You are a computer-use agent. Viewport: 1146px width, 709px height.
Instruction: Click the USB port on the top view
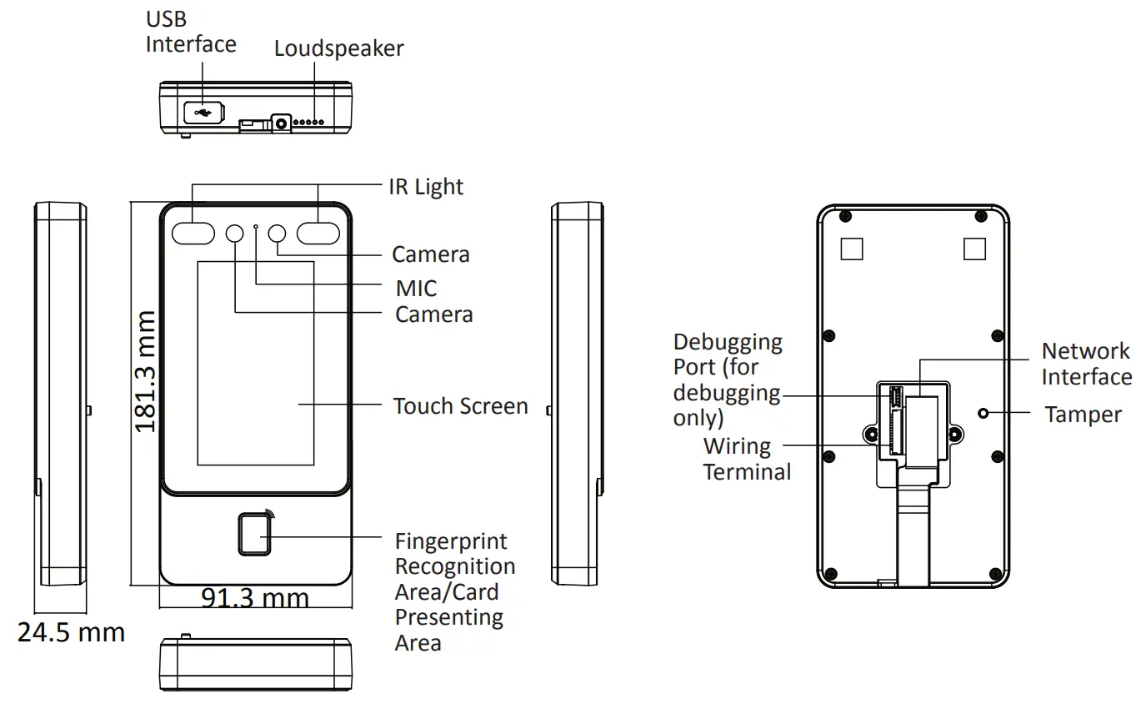(202, 111)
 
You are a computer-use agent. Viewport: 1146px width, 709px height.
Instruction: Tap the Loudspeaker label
(338, 48)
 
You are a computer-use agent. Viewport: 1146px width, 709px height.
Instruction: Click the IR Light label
(426, 186)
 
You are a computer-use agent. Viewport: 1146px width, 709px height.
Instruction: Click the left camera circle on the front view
(235, 234)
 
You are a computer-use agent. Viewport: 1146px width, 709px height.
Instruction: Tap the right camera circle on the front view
(278, 234)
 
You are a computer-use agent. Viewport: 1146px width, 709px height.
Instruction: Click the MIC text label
(416, 289)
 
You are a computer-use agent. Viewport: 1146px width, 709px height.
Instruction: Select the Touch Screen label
(460, 406)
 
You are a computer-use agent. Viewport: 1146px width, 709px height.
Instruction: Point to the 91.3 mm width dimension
(255, 597)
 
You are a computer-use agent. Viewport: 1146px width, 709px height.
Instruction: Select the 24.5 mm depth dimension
(72, 632)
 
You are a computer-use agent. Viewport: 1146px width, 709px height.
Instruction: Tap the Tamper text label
(1083, 415)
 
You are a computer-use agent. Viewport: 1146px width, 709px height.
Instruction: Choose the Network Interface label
(1086, 364)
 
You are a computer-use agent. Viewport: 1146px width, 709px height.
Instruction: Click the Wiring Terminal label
(747, 459)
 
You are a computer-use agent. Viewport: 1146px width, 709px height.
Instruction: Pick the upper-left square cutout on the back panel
(851, 249)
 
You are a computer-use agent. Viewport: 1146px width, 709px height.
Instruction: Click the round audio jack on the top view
(282, 123)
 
